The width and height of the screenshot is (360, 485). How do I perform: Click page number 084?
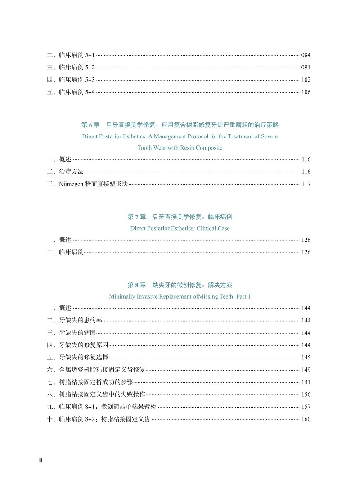(x=306, y=55)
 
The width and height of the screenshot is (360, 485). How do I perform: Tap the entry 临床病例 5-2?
(x=76, y=67)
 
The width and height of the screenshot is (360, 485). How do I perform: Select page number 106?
(x=306, y=92)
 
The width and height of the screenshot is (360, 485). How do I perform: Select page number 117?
(x=306, y=184)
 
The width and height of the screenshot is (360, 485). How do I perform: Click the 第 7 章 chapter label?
(x=137, y=217)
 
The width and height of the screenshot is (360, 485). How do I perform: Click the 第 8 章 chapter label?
(x=137, y=285)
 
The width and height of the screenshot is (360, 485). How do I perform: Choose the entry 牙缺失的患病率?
(x=81, y=320)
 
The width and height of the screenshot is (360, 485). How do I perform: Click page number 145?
(x=306, y=358)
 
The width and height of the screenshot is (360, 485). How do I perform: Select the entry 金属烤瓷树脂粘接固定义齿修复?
(x=102, y=370)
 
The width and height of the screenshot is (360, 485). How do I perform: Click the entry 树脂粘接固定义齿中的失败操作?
(x=102, y=394)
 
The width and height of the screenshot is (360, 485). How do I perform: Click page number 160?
(x=306, y=419)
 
